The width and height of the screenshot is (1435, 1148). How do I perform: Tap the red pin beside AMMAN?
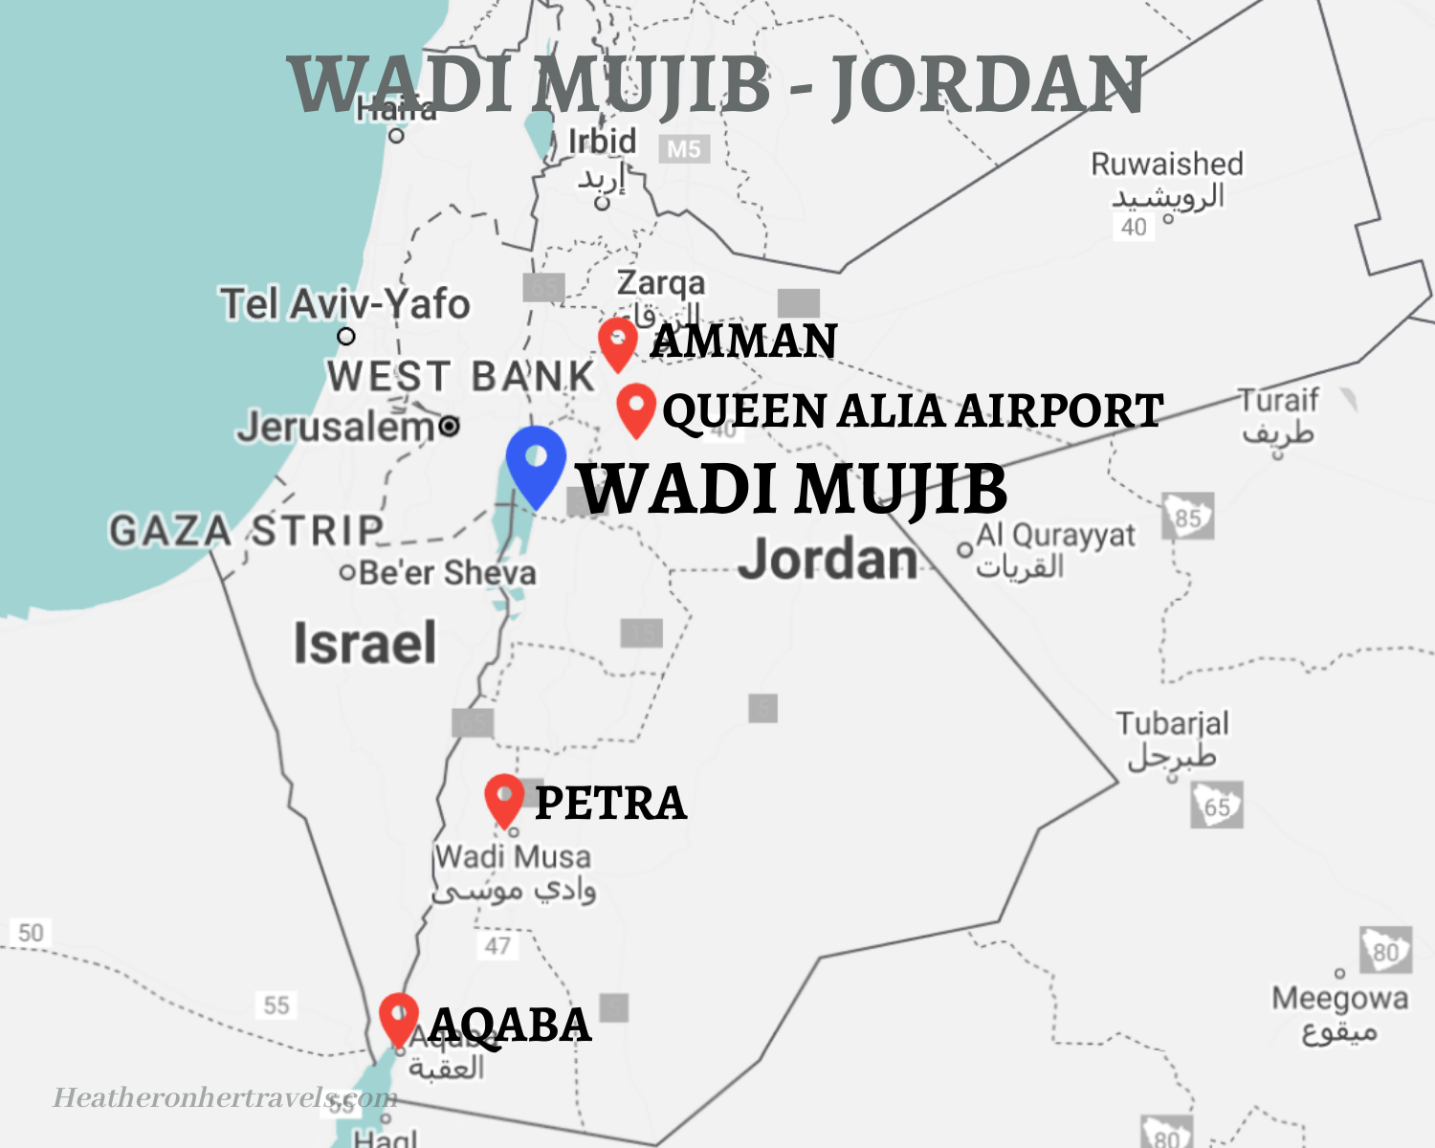tap(618, 342)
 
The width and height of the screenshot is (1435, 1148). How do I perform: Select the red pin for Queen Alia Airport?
tap(635, 408)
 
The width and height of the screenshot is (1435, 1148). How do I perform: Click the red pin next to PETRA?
tap(504, 799)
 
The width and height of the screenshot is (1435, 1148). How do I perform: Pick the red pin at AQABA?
tap(399, 1017)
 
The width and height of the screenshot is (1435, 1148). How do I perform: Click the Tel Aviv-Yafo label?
tap(345, 304)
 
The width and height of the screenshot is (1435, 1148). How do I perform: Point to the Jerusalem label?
tap(337, 427)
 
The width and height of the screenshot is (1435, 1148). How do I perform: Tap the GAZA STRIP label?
tap(246, 530)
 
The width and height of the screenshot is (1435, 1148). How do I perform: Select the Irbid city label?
tap(602, 142)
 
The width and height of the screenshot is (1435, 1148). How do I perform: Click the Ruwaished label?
tap(1167, 165)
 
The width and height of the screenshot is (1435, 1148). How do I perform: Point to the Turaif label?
tap(1278, 400)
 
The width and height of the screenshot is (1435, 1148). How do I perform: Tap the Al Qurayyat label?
tap(1055, 536)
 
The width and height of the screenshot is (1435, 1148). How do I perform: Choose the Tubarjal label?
tap(1172, 723)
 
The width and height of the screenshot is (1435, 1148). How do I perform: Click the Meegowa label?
tap(1339, 999)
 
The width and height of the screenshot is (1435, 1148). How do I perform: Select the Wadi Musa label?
tap(513, 856)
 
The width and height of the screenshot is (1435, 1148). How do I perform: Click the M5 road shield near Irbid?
tap(684, 149)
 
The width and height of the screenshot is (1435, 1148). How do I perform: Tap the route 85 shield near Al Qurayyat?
tap(1188, 518)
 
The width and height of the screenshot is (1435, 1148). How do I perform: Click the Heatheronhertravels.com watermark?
tap(225, 1097)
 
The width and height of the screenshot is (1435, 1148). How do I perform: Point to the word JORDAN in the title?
tap(988, 84)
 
